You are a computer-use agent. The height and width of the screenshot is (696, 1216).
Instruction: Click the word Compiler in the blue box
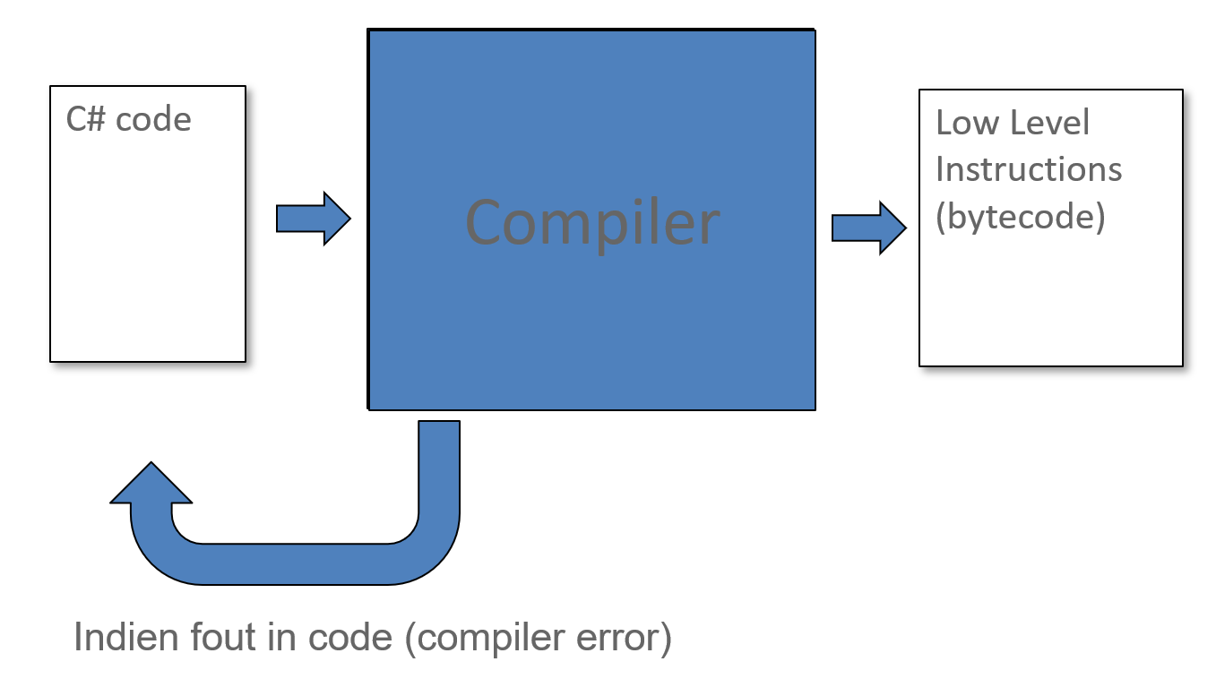(x=592, y=222)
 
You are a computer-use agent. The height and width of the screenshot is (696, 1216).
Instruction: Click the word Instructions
(x=1029, y=169)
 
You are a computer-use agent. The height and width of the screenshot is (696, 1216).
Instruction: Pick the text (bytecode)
(x=1020, y=218)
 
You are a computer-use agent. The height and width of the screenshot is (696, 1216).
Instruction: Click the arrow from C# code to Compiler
(x=313, y=218)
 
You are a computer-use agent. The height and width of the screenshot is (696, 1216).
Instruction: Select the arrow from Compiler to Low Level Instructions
(x=868, y=228)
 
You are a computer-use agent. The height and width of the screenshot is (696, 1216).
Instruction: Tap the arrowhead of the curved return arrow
(x=151, y=485)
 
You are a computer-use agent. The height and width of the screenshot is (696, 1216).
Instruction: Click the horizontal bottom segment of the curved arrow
(x=296, y=564)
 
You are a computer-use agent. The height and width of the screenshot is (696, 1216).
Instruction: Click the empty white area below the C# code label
(x=148, y=251)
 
